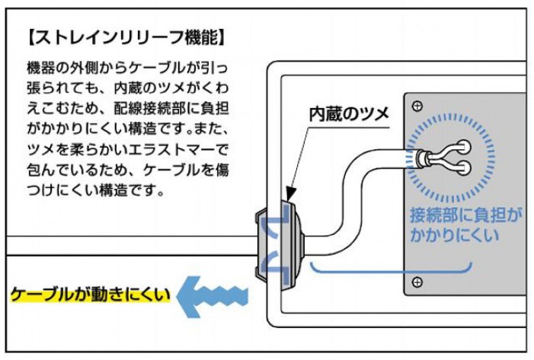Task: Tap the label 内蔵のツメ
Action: coord(348,114)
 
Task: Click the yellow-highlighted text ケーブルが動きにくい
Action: coord(90,294)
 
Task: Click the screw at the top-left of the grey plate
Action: coord(417,104)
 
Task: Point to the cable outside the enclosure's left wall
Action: coord(130,246)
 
